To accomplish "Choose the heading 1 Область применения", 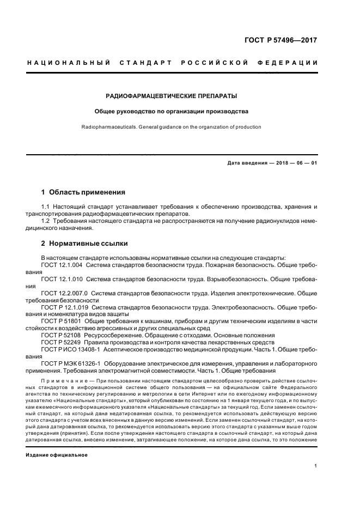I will point(83,192).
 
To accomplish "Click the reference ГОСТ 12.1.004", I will point(62,264).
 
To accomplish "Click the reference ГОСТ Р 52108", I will point(60,335).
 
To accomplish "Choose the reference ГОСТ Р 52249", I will point(60,342).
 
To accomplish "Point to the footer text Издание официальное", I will point(57,439).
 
